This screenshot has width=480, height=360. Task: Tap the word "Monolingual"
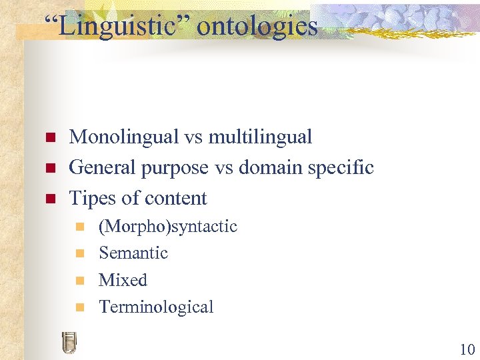tap(124, 137)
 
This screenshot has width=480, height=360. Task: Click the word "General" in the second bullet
tap(102, 167)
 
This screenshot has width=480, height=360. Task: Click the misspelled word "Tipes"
tap(91, 199)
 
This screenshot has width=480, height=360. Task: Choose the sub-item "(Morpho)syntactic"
tap(167, 227)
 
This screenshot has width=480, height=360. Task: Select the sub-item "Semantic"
tap(133, 253)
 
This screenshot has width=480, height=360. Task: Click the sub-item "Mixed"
tap(123, 280)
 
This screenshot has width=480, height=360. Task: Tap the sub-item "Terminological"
tap(156, 307)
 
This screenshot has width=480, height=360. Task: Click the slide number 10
tap(465, 349)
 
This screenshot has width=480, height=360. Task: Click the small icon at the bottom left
tap(68, 342)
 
